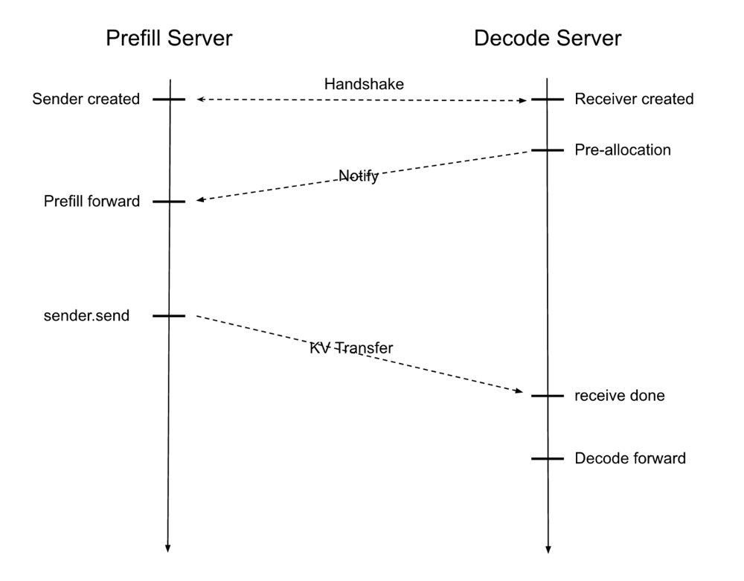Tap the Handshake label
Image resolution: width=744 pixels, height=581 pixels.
pos(364,84)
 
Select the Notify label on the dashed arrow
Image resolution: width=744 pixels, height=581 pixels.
pos(359,176)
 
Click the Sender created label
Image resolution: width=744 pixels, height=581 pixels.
pos(86,99)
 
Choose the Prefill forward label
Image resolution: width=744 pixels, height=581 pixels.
pos(92,201)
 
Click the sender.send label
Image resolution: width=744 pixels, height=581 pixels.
pos(86,315)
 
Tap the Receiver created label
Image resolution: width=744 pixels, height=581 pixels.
pos(634,99)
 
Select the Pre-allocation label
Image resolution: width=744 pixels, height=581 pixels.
pos(623,150)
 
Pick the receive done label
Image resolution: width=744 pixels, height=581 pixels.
pos(619,396)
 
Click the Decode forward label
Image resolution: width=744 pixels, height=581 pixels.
pos(629,458)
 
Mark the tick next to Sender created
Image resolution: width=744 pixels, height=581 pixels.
pos(168,99)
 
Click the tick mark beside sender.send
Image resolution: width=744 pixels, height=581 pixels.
pos(168,315)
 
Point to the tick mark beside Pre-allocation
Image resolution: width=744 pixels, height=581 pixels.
pos(547,150)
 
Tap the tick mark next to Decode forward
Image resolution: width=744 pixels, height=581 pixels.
pos(547,458)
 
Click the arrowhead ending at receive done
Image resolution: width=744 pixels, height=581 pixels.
pos(522,391)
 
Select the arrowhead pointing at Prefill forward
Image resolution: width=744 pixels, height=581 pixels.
pos(199,200)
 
